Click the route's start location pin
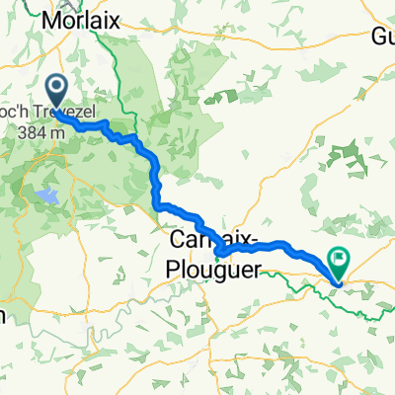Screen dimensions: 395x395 point(56,93)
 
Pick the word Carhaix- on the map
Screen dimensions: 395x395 point(216,241)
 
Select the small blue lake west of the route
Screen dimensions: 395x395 point(46,197)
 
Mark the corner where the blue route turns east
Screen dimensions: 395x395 point(159,205)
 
